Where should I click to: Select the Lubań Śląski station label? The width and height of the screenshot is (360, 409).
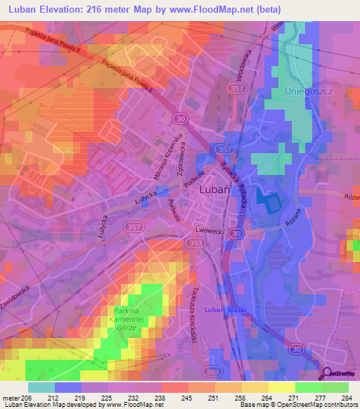223,309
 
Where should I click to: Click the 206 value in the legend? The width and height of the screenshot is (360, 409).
26,397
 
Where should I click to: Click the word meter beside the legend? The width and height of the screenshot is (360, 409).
10,397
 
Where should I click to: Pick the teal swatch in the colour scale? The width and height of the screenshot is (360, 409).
41,387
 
